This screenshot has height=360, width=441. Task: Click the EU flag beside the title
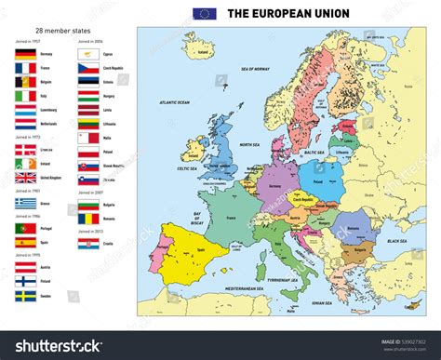point(204,14)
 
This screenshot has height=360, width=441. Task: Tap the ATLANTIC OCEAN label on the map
point(174,101)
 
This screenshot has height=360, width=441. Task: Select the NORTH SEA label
point(249,144)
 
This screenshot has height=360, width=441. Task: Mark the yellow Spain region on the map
point(191,252)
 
